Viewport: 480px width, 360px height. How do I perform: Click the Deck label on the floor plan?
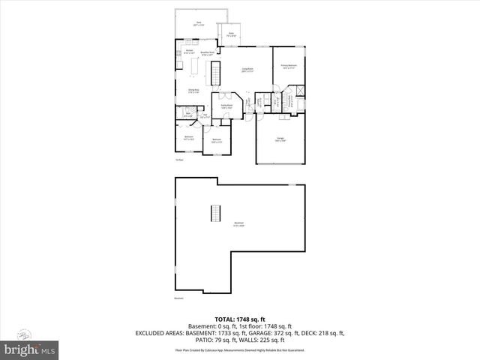click(199, 24)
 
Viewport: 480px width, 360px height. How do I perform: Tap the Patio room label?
click(232, 34)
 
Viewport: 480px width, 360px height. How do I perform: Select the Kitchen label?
click(189, 52)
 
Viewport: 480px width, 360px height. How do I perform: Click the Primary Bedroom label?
click(289, 67)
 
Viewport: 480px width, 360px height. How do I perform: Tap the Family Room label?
click(226, 107)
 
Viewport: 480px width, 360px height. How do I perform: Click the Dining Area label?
click(193, 91)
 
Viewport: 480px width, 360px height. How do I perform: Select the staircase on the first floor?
click(216, 73)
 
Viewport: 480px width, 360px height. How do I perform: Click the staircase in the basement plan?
click(216, 212)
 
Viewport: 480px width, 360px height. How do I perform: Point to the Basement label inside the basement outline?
click(238, 223)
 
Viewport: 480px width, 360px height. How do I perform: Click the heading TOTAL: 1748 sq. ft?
click(239, 319)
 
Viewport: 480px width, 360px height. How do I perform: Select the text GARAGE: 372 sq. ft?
click(281, 332)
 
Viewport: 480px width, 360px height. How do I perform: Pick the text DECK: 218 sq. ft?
click(326, 332)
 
